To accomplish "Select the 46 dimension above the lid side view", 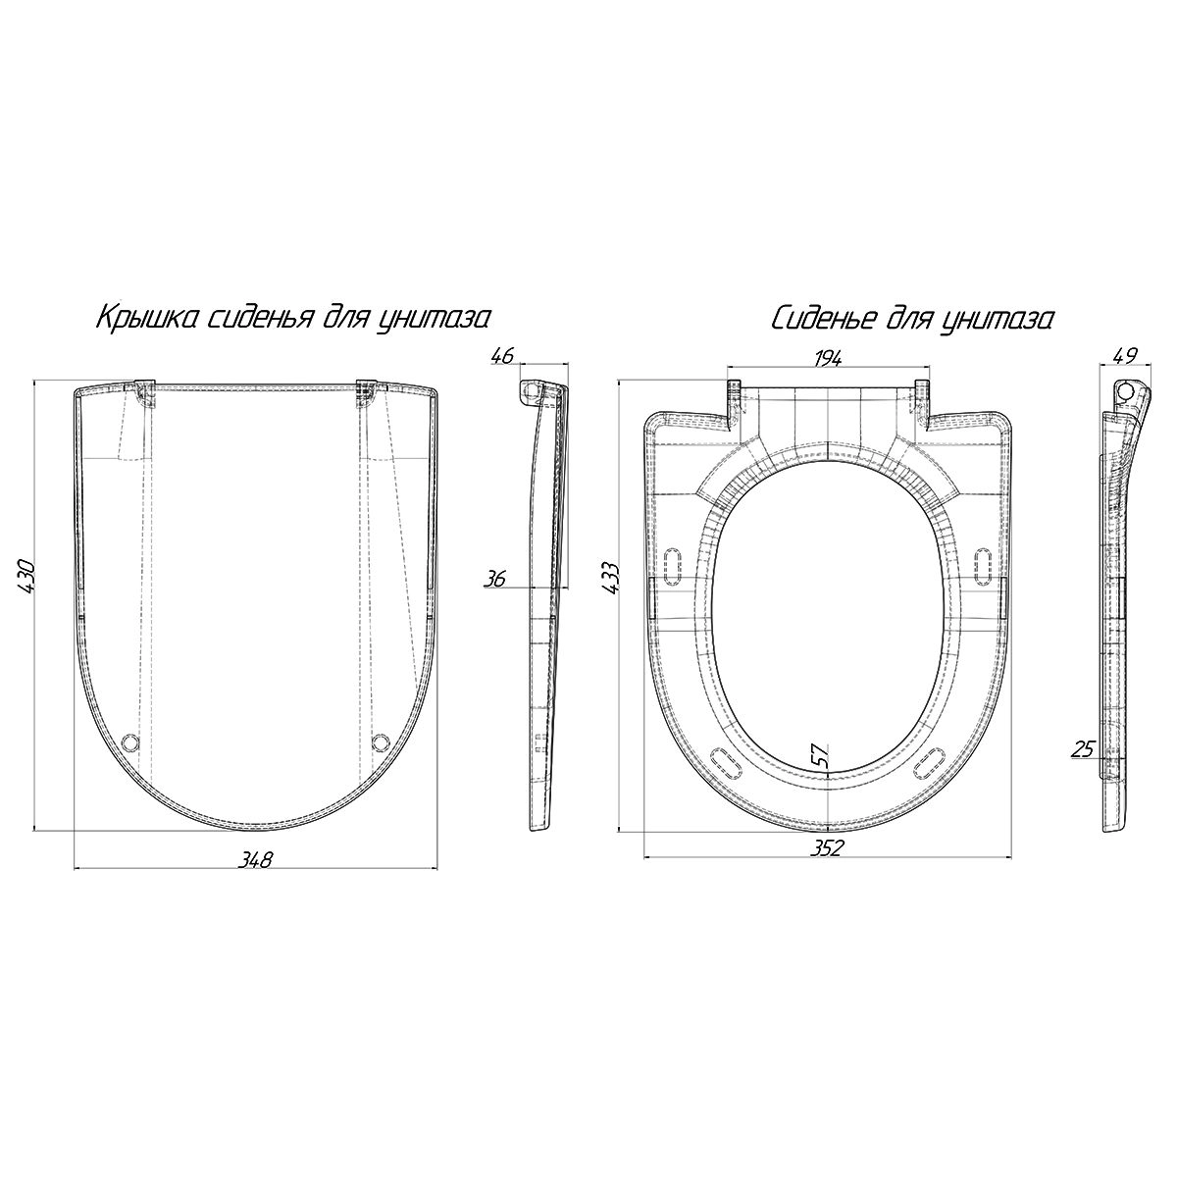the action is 503,355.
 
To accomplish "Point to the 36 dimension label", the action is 495,579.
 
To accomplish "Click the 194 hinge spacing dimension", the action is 828,359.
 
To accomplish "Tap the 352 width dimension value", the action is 828,848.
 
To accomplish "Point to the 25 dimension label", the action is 1082,748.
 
